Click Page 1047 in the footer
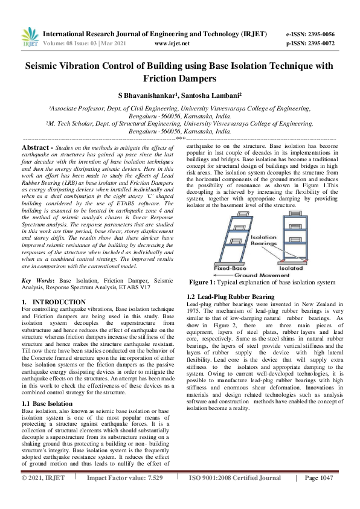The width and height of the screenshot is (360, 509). [320, 495]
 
